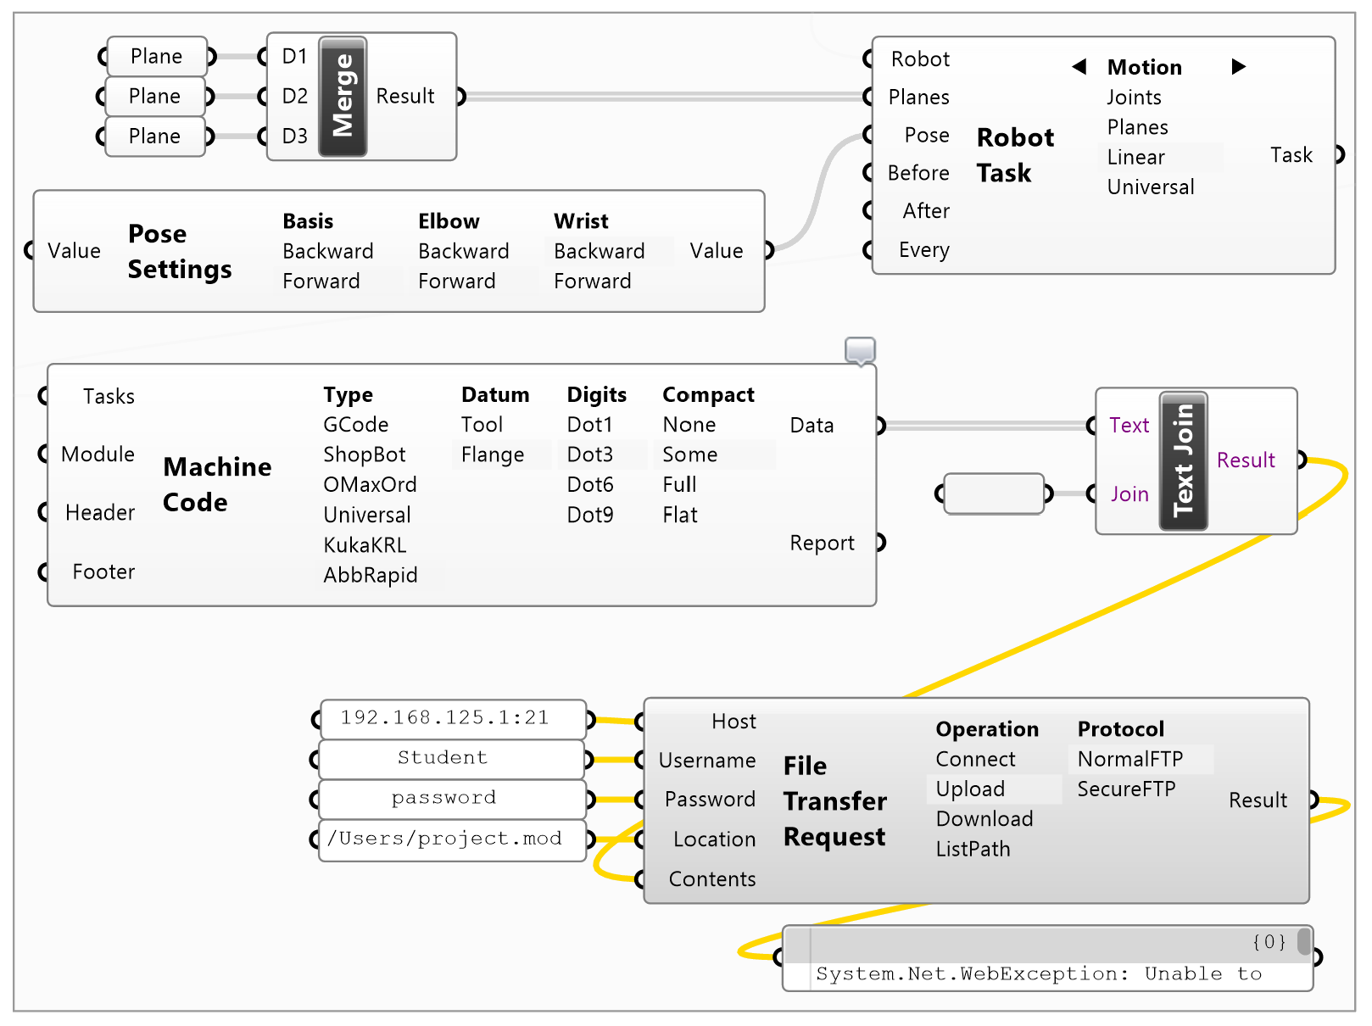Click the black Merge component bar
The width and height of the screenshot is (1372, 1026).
click(x=343, y=97)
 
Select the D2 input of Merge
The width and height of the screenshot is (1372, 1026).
click(x=294, y=96)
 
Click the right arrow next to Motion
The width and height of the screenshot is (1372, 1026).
click(x=1238, y=67)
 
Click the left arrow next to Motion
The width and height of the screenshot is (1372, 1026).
click(x=1079, y=67)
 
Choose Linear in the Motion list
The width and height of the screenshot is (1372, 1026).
click(x=1136, y=157)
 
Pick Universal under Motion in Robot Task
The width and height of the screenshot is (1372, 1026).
click(x=1150, y=187)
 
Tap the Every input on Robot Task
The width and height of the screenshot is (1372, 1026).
click(x=923, y=250)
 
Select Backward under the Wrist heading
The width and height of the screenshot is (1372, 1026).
click(x=599, y=251)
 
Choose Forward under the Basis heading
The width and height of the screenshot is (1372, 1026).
click(x=321, y=281)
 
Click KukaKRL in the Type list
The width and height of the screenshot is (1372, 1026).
click(x=365, y=544)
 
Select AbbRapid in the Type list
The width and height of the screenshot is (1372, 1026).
click(x=370, y=575)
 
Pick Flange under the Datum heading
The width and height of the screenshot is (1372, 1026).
click(x=492, y=454)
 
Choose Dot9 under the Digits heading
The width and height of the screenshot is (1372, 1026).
click(x=589, y=515)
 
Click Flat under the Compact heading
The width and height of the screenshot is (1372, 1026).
click(x=679, y=515)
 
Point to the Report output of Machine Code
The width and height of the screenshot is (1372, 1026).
click(x=822, y=543)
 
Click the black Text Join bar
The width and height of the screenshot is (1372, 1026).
click(x=1183, y=461)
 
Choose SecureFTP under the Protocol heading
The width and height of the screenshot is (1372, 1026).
click(x=1126, y=789)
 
